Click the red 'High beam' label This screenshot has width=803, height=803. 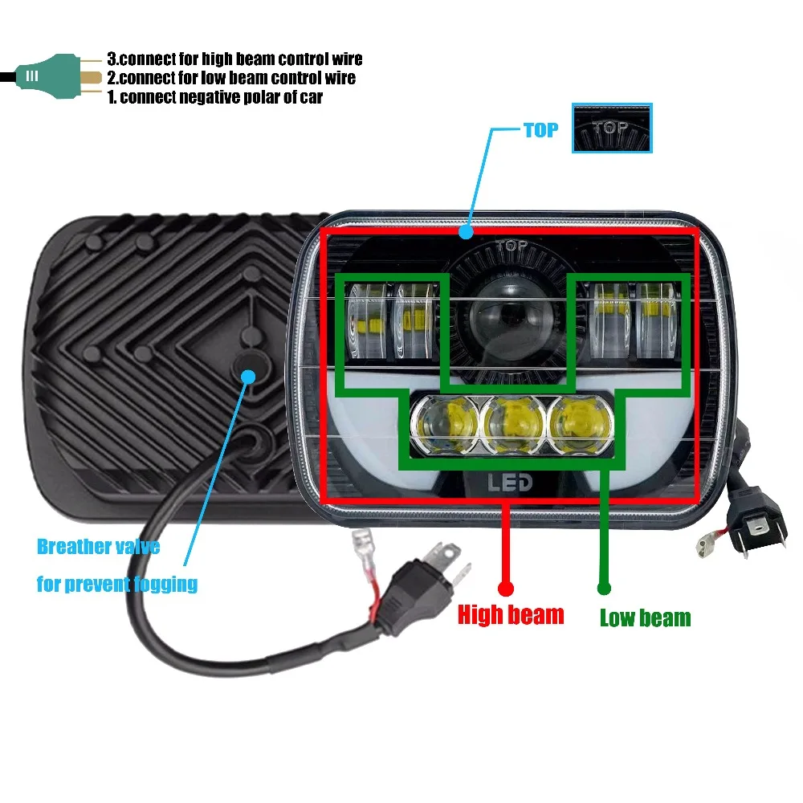pyautogui.click(x=511, y=615)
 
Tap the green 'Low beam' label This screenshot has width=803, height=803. pyautogui.click(x=645, y=618)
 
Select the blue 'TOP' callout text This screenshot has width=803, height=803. pyautogui.click(x=540, y=130)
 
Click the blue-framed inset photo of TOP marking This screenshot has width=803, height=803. pyautogui.click(x=612, y=128)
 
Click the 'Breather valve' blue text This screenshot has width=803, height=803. pyautogui.click(x=98, y=547)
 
